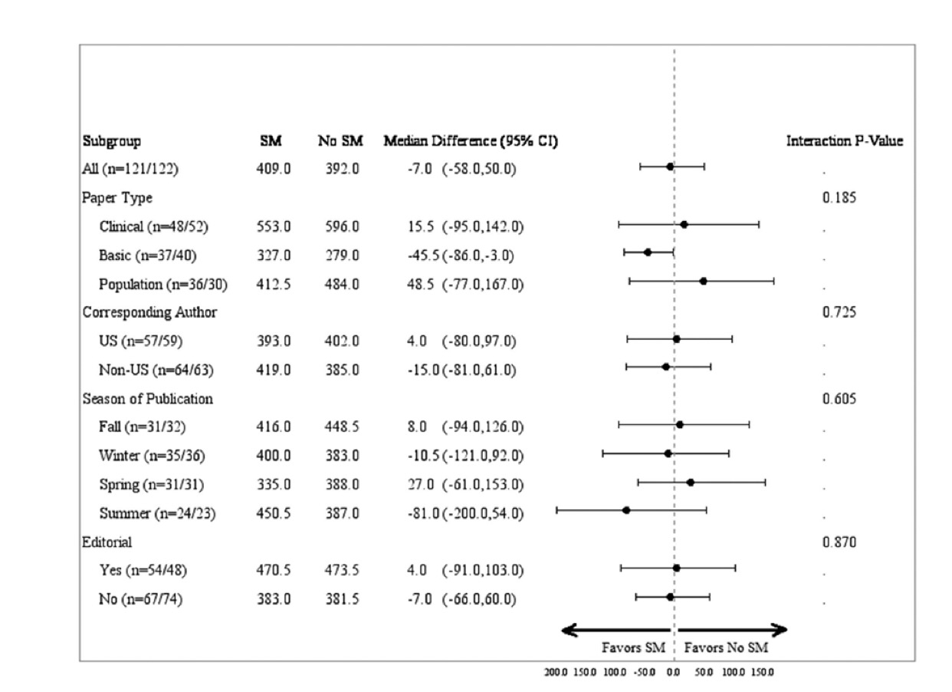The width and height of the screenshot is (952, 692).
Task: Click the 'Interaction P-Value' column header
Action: (x=844, y=141)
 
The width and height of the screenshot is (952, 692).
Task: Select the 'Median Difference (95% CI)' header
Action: (x=471, y=141)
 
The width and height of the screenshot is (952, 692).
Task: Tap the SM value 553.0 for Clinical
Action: (x=274, y=227)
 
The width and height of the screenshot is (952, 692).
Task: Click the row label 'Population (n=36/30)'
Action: (x=162, y=285)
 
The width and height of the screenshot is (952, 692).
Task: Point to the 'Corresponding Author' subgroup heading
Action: (x=149, y=312)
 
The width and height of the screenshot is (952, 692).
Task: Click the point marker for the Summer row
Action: (x=626, y=510)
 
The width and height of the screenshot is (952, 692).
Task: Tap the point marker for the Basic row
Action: (x=648, y=252)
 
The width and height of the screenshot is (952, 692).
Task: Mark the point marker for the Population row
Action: (x=703, y=281)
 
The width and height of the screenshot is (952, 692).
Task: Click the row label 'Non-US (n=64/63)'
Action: (x=147, y=371)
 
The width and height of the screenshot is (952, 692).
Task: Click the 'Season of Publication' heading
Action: (x=147, y=399)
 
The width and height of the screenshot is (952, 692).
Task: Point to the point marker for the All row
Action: (x=670, y=166)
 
